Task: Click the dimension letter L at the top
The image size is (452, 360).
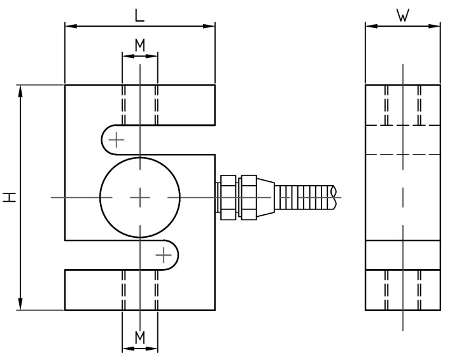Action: point(139,15)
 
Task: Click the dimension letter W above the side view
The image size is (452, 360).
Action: point(402,15)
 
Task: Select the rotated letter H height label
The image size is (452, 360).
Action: point(9,198)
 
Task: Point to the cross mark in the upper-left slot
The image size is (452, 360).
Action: point(116,139)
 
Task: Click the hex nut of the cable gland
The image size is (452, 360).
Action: point(246,198)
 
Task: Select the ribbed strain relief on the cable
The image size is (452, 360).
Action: point(303,198)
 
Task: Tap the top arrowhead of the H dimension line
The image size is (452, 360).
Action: point(22,89)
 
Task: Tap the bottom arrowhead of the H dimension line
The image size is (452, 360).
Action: point(22,306)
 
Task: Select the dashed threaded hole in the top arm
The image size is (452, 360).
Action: point(139,104)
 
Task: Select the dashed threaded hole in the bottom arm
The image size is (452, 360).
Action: point(139,289)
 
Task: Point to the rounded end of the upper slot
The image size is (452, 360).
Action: point(105,139)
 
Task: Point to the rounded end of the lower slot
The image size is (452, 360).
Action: point(174,256)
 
